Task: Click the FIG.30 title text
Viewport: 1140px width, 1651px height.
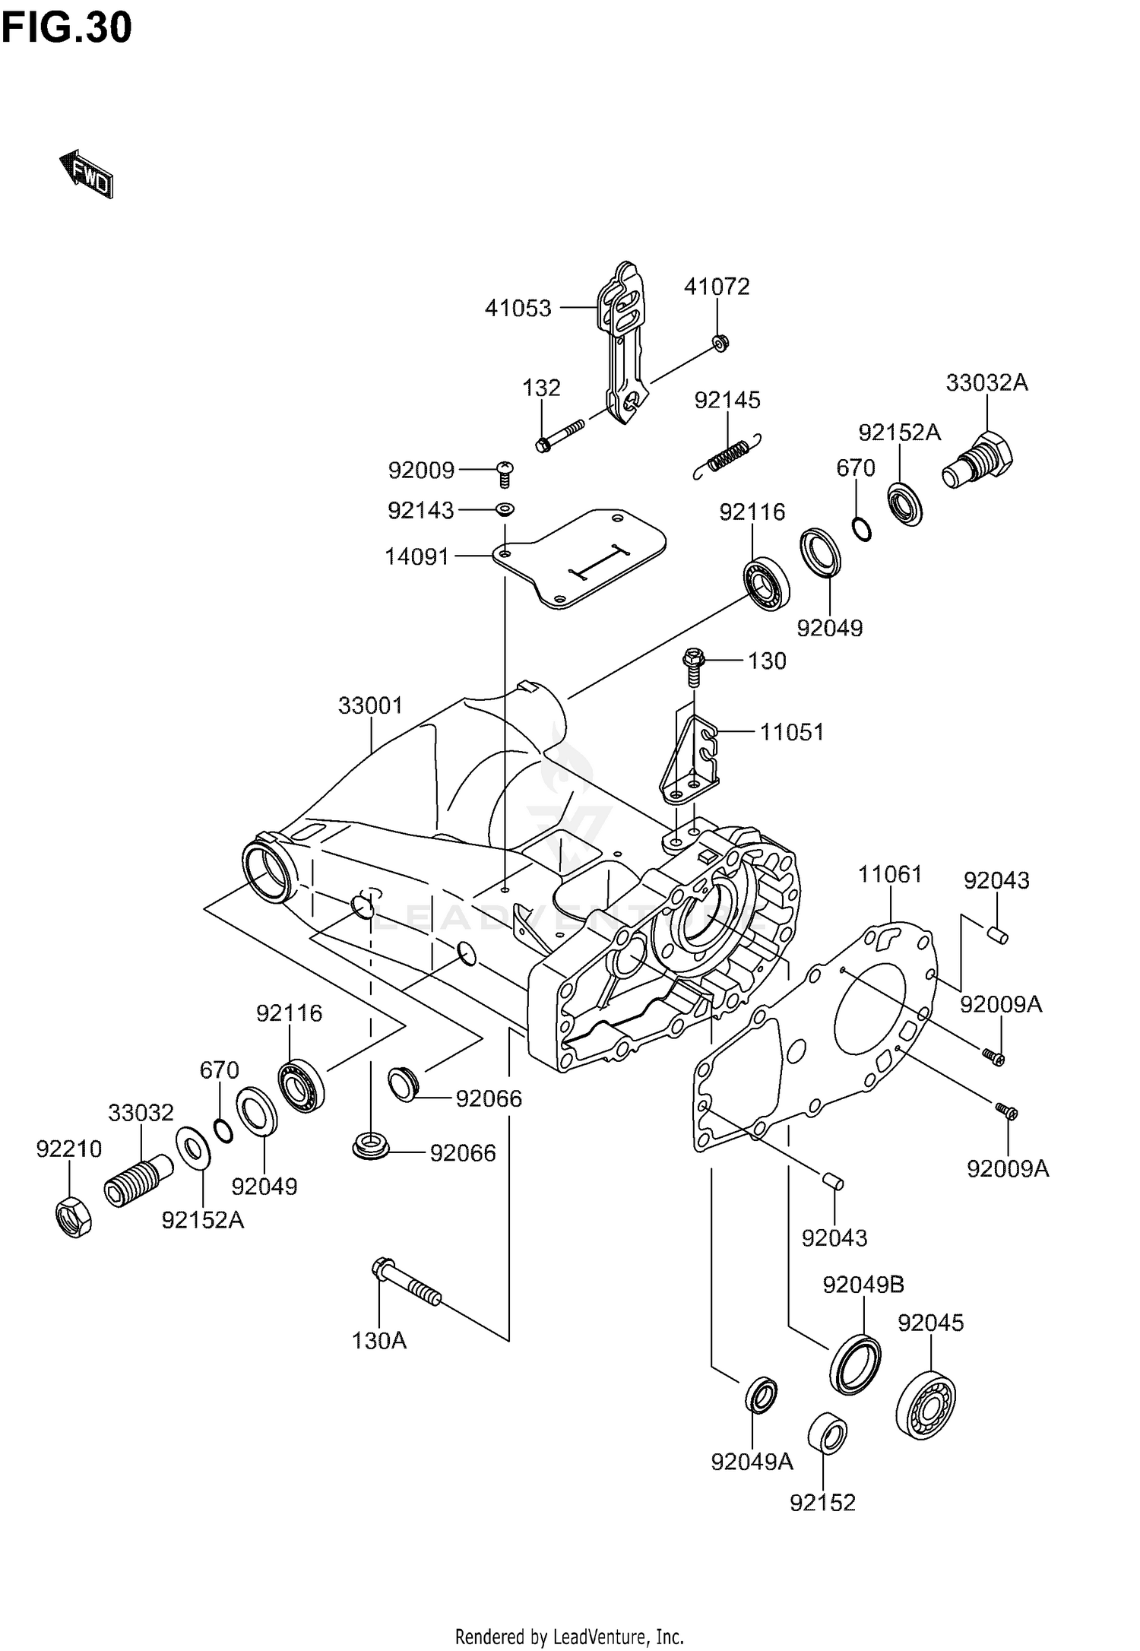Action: click(66, 28)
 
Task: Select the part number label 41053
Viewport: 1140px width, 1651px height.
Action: click(518, 308)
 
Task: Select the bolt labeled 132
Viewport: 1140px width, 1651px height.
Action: click(559, 436)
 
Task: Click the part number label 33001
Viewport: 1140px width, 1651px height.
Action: click(370, 705)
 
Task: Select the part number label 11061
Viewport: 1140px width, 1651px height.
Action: click(890, 874)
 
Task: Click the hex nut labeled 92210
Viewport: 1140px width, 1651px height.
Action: click(74, 1215)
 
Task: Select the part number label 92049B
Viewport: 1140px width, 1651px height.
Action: click(863, 1285)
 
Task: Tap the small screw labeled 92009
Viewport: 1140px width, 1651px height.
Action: click(504, 474)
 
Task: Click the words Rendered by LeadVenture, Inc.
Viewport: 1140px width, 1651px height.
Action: click(569, 1636)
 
